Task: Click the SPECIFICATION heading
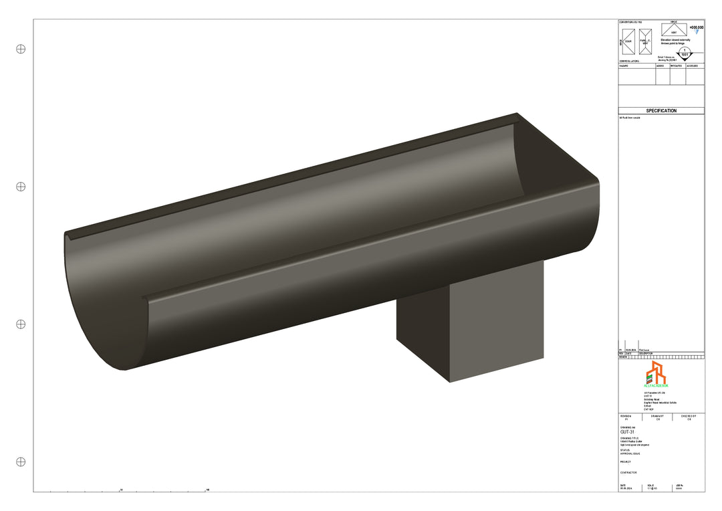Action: (x=660, y=111)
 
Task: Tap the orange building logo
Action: (x=656, y=373)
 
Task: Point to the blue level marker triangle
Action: (x=697, y=31)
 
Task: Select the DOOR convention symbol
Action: (x=628, y=41)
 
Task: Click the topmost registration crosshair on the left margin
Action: (x=21, y=49)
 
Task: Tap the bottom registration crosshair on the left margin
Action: (x=21, y=462)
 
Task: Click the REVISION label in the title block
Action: (x=626, y=415)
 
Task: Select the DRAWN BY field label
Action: (x=658, y=415)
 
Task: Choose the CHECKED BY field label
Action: (x=689, y=415)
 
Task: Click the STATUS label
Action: (x=625, y=450)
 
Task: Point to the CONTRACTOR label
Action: (x=628, y=472)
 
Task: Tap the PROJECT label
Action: (x=626, y=462)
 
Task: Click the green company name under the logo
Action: (x=656, y=386)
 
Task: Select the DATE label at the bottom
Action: (x=623, y=486)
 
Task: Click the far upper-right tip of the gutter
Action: (x=517, y=114)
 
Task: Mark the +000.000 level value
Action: (x=696, y=27)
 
